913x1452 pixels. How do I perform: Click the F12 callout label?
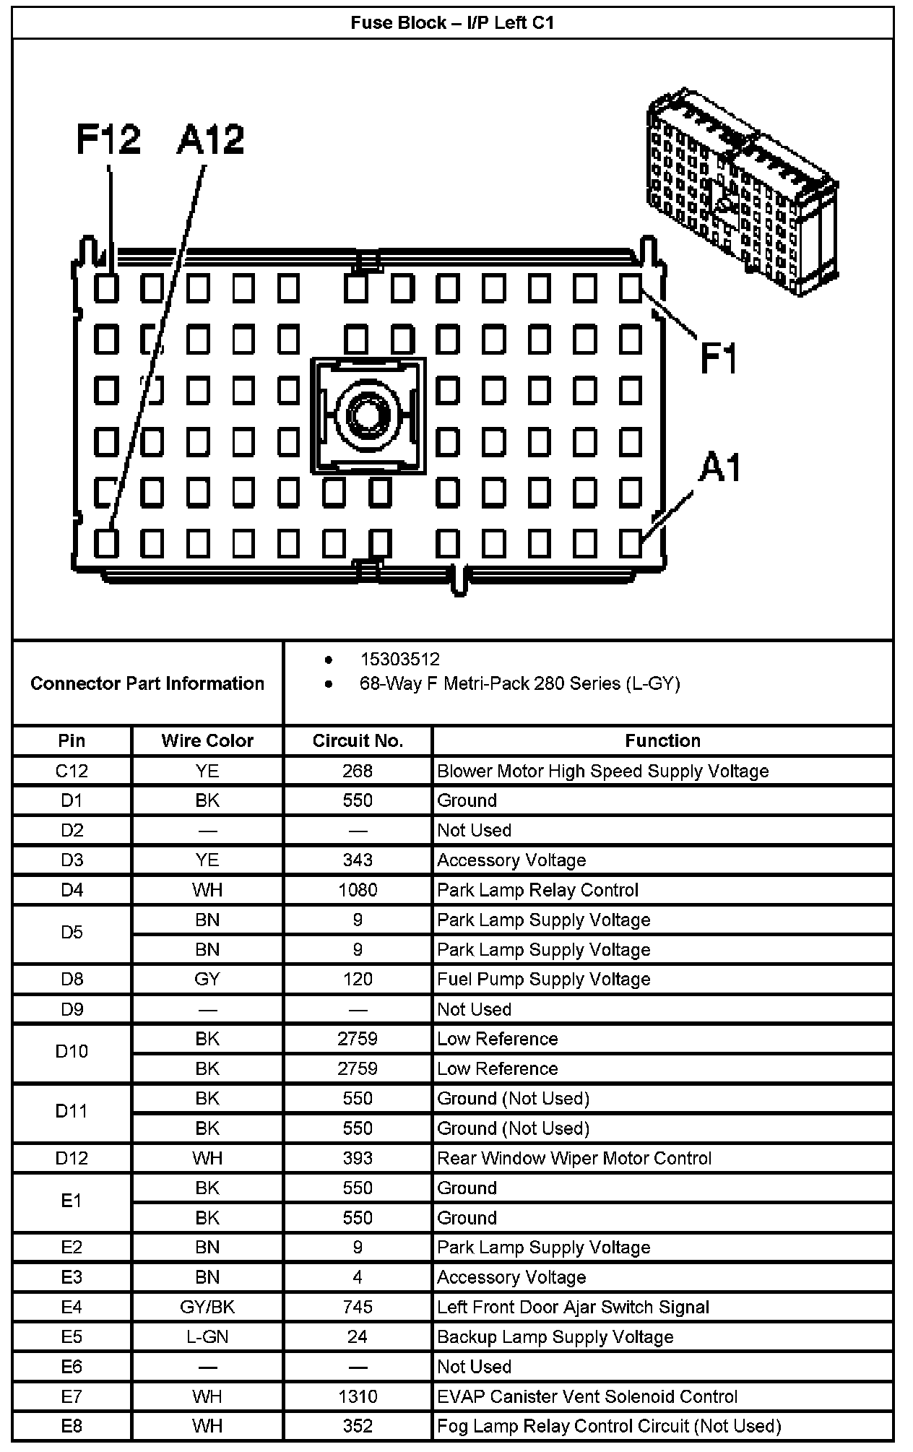click(x=108, y=139)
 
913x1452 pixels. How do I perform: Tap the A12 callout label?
click(x=210, y=139)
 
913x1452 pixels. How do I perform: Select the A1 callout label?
click(x=720, y=468)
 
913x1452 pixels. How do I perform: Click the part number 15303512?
click(x=399, y=659)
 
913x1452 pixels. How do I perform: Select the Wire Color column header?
click(x=207, y=740)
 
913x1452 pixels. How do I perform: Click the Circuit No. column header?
click(x=358, y=740)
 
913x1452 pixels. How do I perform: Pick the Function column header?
click(x=662, y=740)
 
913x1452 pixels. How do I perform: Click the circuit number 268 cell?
click(x=358, y=771)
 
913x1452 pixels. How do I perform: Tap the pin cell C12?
click(x=72, y=771)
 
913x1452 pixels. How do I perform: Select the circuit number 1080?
click(x=358, y=890)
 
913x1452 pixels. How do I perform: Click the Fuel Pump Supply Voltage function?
click(x=543, y=979)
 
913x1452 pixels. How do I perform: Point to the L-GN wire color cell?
click(x=207, y=1336)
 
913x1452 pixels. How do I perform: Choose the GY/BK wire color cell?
click(x=207, y=1307)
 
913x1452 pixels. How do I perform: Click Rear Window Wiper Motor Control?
click(x=574, y=1158)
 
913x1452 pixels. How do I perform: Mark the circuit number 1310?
click(x=358, y=1396)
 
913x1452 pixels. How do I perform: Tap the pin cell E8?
click(x=72, y=1426)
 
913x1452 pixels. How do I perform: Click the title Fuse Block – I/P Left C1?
click(x=452, y=22)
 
